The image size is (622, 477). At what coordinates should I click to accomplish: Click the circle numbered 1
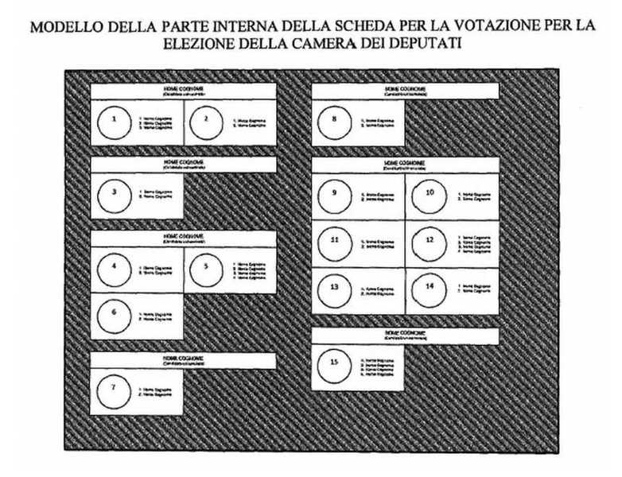pos(115,122)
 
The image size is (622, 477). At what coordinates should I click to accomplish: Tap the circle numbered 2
pos(207,122)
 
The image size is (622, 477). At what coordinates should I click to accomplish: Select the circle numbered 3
pos(115,193)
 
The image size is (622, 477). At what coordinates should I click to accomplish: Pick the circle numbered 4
pos(115,268)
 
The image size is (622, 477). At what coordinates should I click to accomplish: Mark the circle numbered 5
pos(207,268)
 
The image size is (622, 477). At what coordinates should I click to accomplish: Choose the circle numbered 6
pos(115,314)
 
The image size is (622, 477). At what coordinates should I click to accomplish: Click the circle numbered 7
pos(115,389)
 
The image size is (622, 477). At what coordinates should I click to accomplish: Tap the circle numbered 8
pos(334,122)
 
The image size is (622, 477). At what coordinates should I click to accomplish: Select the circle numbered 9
pos(334,195)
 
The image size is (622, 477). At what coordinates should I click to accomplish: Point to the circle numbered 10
pos(430,195)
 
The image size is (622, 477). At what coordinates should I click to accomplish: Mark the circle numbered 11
pos(334,241)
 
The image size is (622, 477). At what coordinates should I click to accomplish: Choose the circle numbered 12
pos(430,241)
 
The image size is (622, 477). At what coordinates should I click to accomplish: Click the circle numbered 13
pos(334,288)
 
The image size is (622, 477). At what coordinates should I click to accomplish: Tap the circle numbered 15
pos(334,365)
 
